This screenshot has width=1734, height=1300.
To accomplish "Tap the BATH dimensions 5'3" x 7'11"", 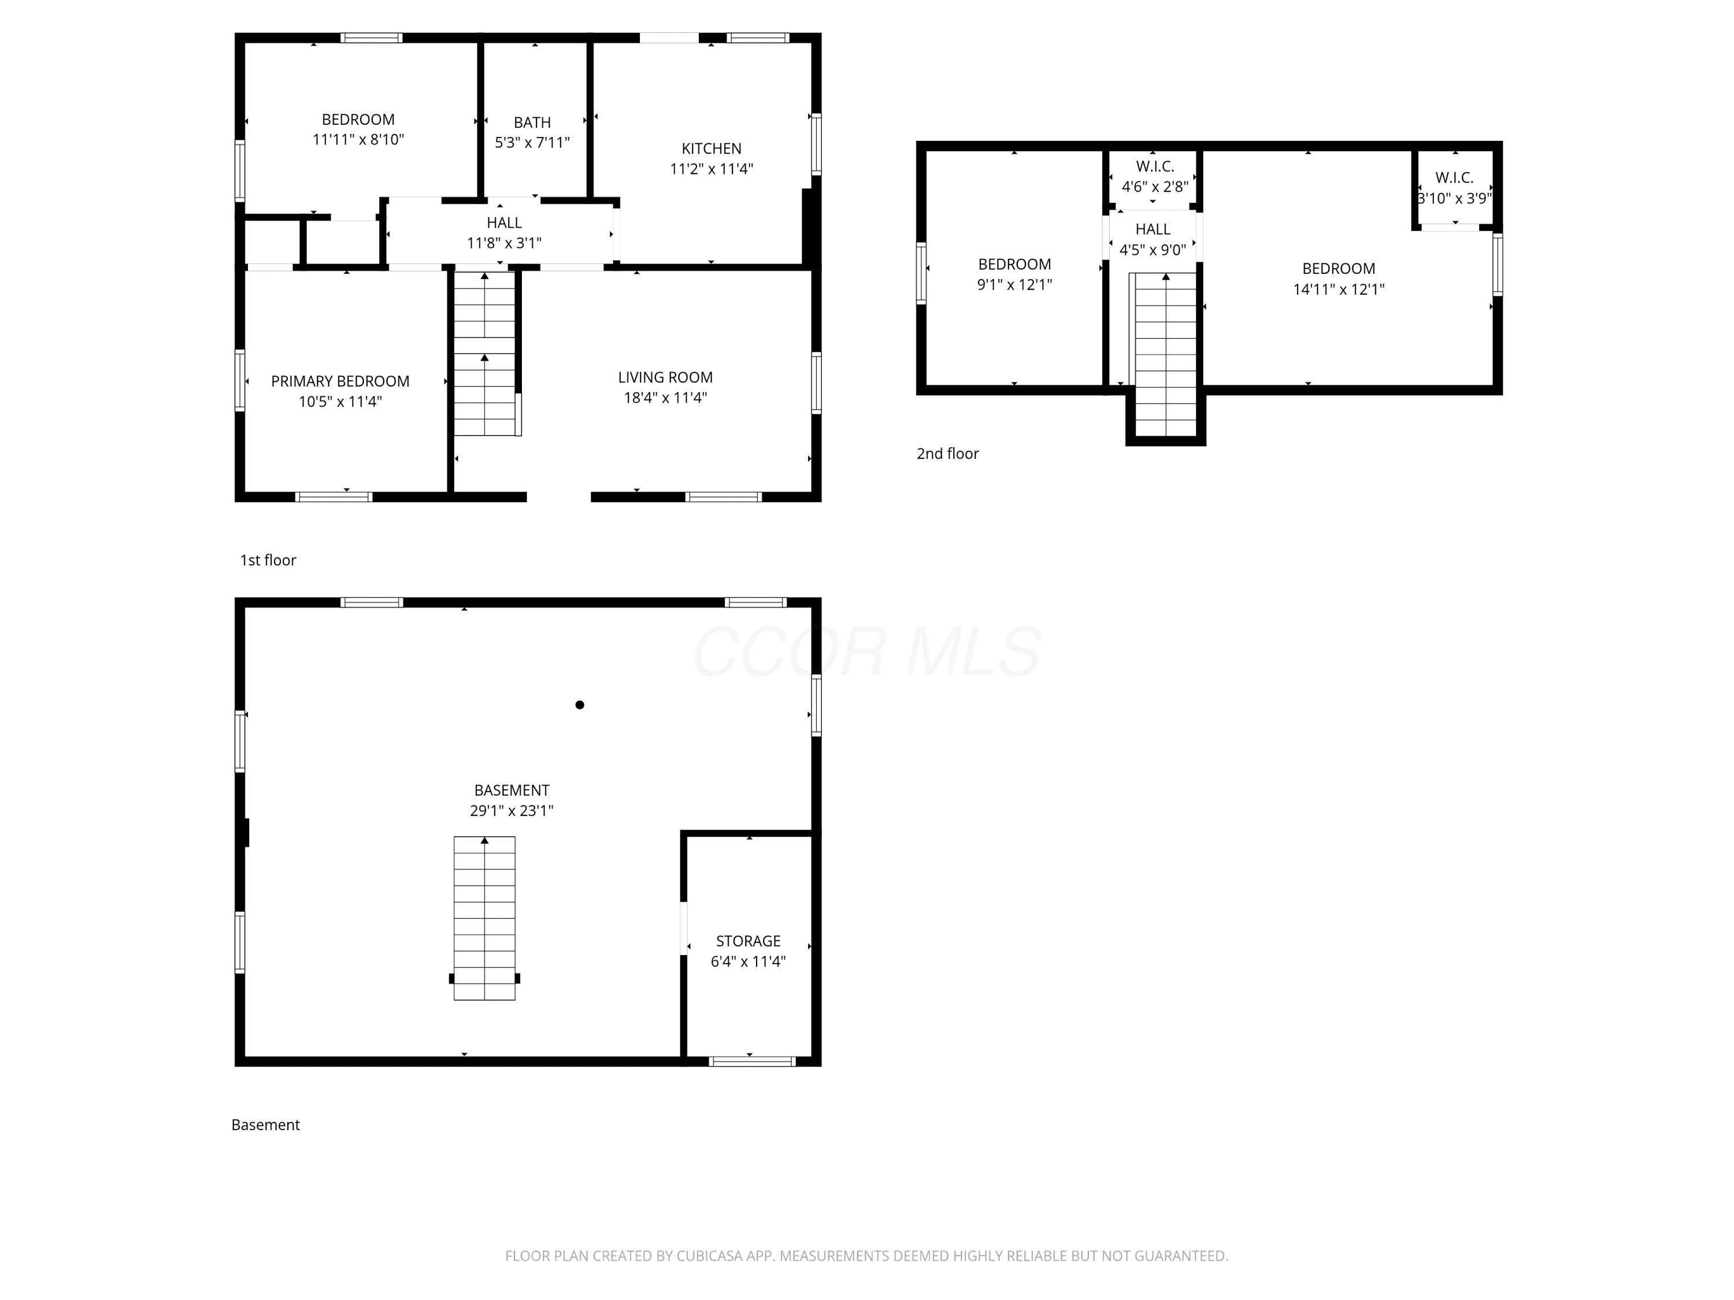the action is (532, 143).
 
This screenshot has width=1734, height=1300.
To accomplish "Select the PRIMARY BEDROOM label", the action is (340, 381).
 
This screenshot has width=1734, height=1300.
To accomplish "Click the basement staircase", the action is (484, 918).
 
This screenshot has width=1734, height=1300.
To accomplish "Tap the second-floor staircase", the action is (1166, 354).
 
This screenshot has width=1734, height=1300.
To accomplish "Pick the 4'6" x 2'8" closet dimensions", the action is (1155, 187).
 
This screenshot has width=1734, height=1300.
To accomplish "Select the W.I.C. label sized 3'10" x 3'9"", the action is (1454, 178).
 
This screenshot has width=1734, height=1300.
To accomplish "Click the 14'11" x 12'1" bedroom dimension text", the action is (1339, 289).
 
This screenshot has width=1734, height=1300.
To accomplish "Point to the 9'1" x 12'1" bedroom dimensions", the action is (1014, 284).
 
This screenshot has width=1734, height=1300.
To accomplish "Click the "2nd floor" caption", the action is (948, 454).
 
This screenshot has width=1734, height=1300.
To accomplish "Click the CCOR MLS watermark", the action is (867, 652).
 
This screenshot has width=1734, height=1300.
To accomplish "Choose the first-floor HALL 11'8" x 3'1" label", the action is (504, 233).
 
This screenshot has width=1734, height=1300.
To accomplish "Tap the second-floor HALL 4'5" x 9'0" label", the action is (1153, 240).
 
